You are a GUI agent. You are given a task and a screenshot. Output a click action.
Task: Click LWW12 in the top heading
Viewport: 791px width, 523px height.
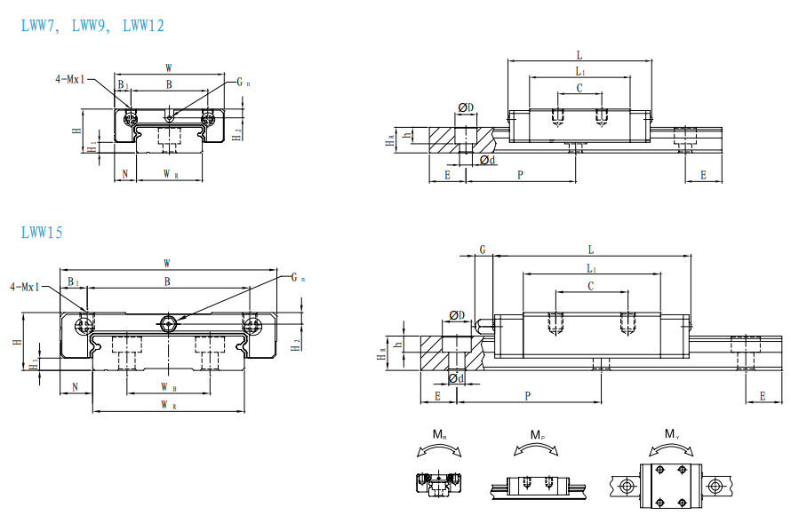click(144, 25)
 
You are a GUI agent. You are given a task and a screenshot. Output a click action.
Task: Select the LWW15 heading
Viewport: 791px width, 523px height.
click(42, 233)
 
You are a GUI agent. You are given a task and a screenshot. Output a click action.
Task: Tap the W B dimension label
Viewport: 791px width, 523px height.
click(169, 387)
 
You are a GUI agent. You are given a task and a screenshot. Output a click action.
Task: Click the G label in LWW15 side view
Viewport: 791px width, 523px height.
click(483, 250)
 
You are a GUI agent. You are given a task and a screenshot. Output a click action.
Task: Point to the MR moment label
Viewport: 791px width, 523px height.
click(439, 434)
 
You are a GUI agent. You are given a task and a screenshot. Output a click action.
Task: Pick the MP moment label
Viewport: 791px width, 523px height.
click(537, 434)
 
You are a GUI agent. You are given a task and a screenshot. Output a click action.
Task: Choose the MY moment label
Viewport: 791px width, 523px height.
click(672, 434)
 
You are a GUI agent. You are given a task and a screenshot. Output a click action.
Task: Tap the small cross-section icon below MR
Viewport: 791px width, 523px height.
click(439, 484)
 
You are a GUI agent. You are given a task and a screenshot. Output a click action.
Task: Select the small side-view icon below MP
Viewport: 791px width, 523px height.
click(539, 487)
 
